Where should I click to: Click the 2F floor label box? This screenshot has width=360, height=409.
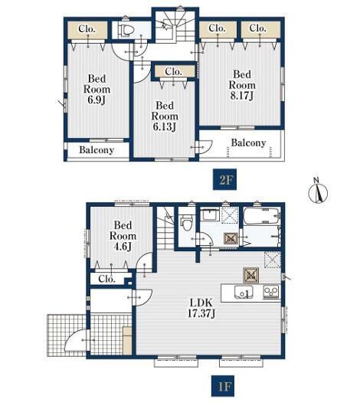(224, 179)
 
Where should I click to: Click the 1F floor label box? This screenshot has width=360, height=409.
(223, 386)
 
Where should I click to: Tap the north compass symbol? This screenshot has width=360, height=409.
(318, 191)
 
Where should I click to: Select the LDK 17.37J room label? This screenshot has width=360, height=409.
(201, 308)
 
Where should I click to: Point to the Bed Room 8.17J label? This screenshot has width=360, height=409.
(242, 85)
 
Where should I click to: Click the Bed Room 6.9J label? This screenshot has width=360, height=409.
(97, 90)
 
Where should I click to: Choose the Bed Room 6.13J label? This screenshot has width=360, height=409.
(165, 116)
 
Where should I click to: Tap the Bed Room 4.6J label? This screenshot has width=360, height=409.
(123, 236)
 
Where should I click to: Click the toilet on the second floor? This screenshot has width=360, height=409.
(126, 29)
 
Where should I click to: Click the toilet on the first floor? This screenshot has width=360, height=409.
(186, 223)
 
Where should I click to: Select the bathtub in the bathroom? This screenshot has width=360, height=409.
(262, 216)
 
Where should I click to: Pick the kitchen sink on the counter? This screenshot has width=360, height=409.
(244, 292)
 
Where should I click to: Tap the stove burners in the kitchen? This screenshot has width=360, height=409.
(271, 292)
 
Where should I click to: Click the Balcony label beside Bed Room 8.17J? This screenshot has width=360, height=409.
(248, 142)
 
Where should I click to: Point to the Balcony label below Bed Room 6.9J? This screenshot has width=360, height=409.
(97, 150)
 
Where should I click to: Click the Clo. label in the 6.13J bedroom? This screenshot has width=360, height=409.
(173, 71)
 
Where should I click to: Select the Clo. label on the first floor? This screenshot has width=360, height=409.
(106, 279)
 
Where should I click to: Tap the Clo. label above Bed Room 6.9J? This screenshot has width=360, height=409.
(87, 28)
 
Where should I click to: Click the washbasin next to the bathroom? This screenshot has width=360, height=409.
(211, 214)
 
